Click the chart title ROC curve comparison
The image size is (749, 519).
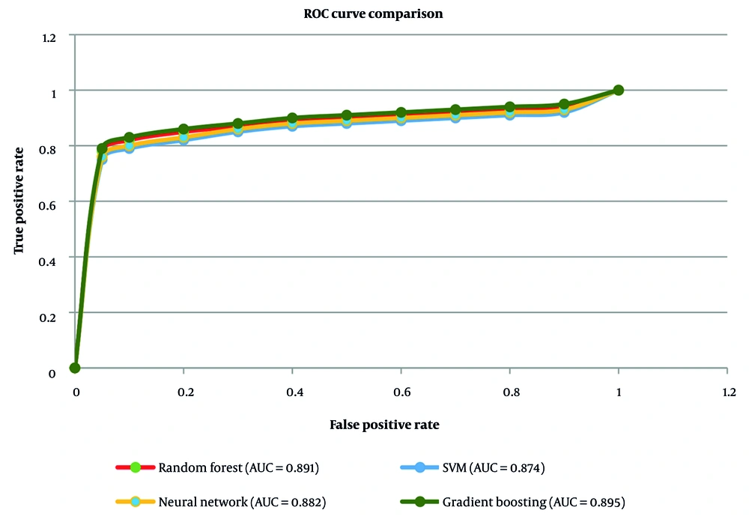(x=373, y=12)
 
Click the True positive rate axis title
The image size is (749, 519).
(x=19, y=201)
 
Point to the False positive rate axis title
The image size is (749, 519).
(x=384, y=425)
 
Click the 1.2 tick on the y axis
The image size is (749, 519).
(x=49, y=35)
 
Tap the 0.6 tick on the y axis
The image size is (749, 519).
(x=49, y=201)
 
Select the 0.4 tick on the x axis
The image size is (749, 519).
(x=292, y=392)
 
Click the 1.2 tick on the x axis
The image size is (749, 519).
(x=727, y=392)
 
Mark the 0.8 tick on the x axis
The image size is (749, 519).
(x=509, y=392)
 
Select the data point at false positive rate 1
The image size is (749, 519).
(x=619, y=90)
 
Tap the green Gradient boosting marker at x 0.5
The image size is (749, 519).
(x=347, y=115)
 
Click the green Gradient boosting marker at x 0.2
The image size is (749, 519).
(x=184, y=129)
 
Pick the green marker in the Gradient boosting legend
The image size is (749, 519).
(x=420, y=501)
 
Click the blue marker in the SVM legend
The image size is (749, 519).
(x=420, y=468)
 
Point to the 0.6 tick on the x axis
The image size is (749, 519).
(x=401, y=392)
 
